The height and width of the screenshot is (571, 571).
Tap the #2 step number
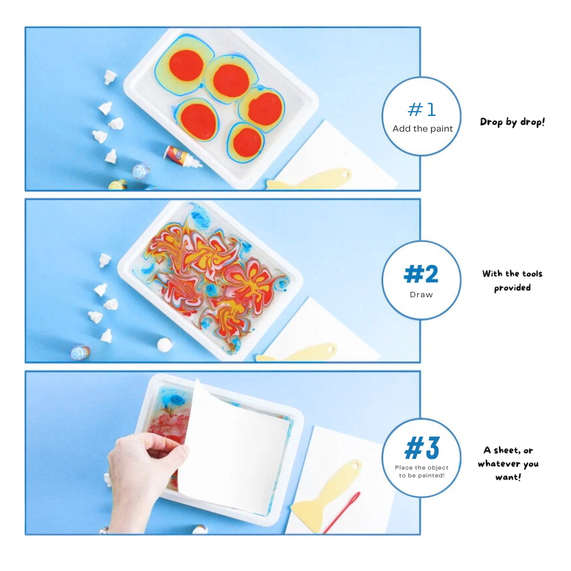tap(421, 274)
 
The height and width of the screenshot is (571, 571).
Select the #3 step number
tap(422, 448)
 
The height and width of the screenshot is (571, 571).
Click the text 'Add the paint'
tap(422, 129)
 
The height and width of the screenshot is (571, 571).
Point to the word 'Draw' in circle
tap(421, 294)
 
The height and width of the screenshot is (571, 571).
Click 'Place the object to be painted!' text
tap(422, 471)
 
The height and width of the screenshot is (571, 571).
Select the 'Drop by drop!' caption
tap(512, 122)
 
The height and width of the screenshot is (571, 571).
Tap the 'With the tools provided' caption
tap(512, 280)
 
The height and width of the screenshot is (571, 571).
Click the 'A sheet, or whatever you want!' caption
tap(507, 463)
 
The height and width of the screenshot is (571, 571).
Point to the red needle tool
tap(341, 512)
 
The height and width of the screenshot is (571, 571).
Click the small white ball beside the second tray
tap(164, 345)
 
